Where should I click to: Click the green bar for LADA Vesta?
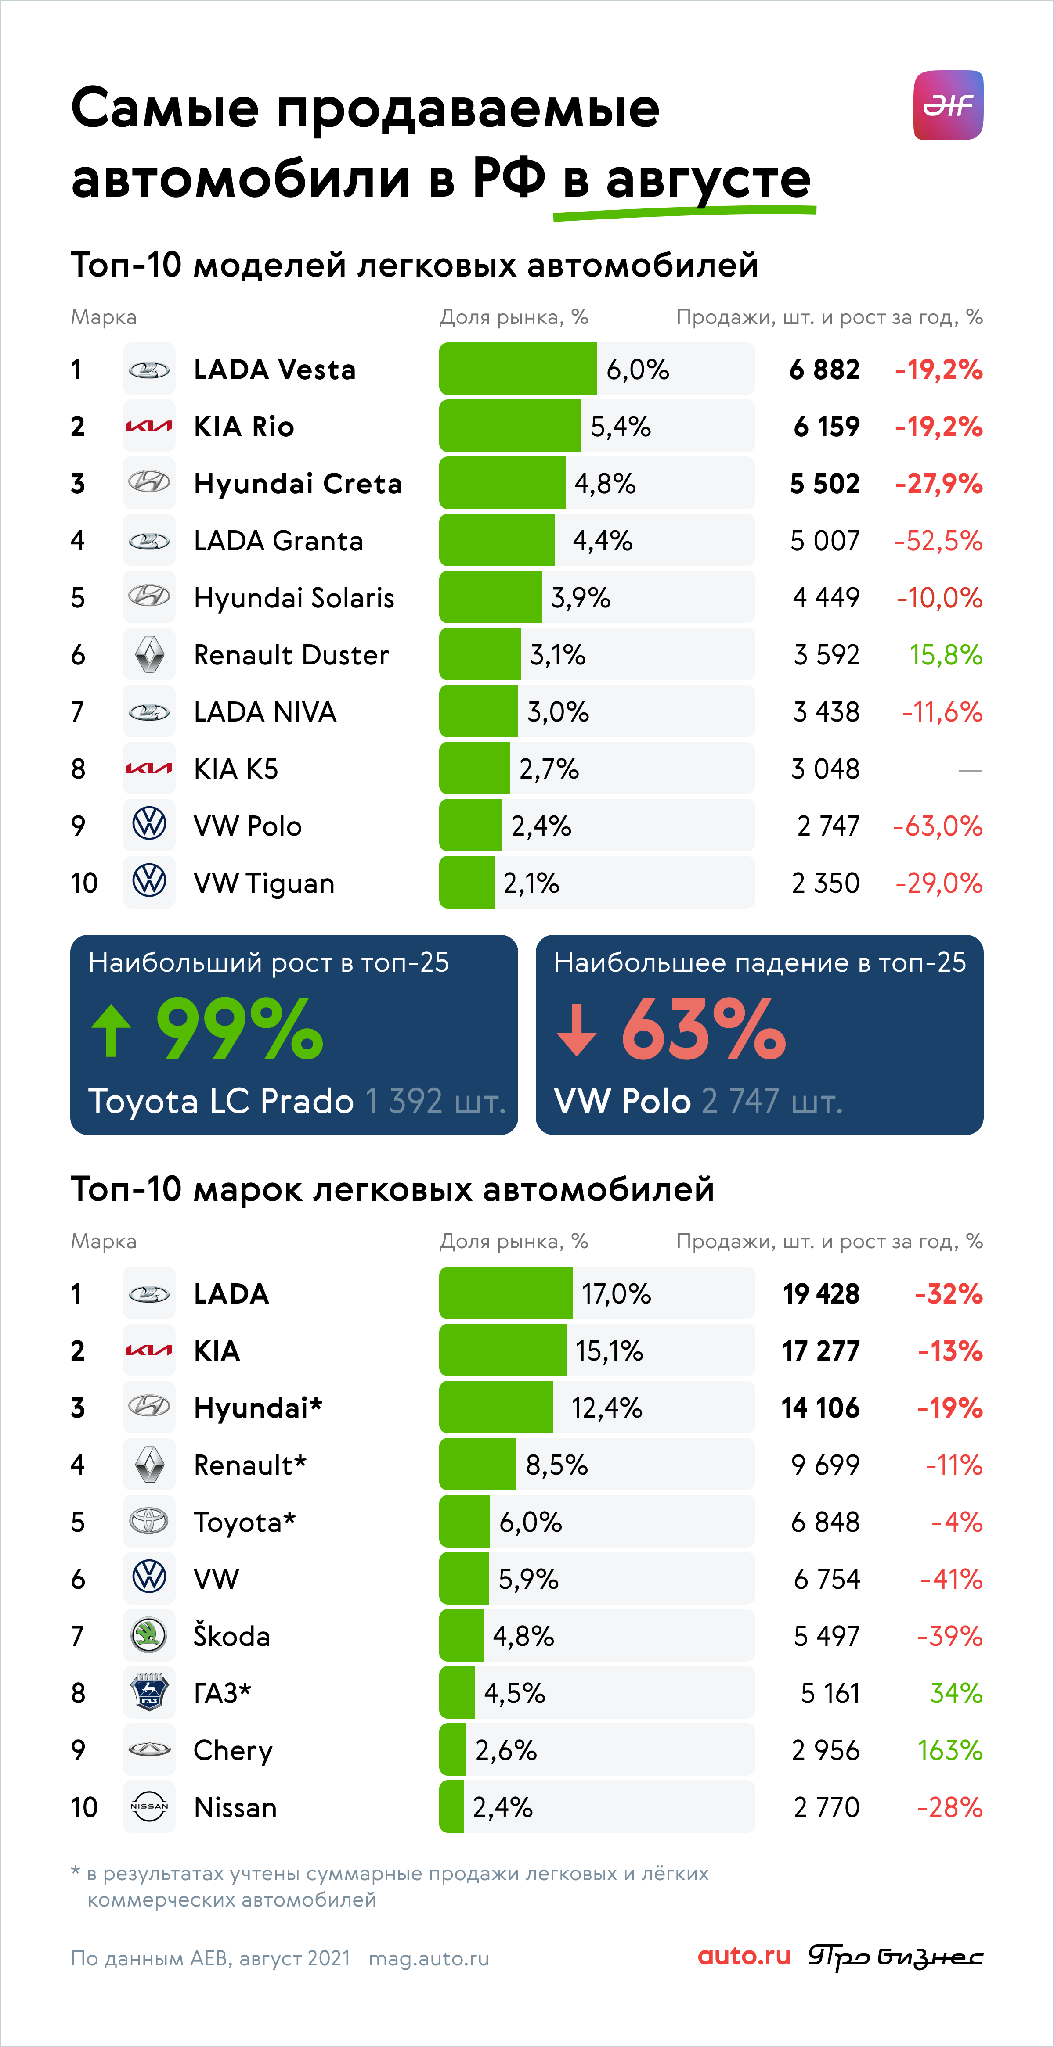(x=517, y=369)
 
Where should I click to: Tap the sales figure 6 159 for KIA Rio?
(x=827, y=427)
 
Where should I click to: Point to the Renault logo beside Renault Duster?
(x=149, y=655)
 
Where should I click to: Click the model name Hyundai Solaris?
(x=294, y=598)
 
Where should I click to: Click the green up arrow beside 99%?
(x=111, y=1031)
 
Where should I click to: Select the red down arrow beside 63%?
(x=576, y=1031)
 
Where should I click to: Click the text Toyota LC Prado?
(x=221, y=1101)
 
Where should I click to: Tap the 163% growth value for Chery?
(x=950, y=1750)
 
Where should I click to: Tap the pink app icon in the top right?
(x=948, y=105)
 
